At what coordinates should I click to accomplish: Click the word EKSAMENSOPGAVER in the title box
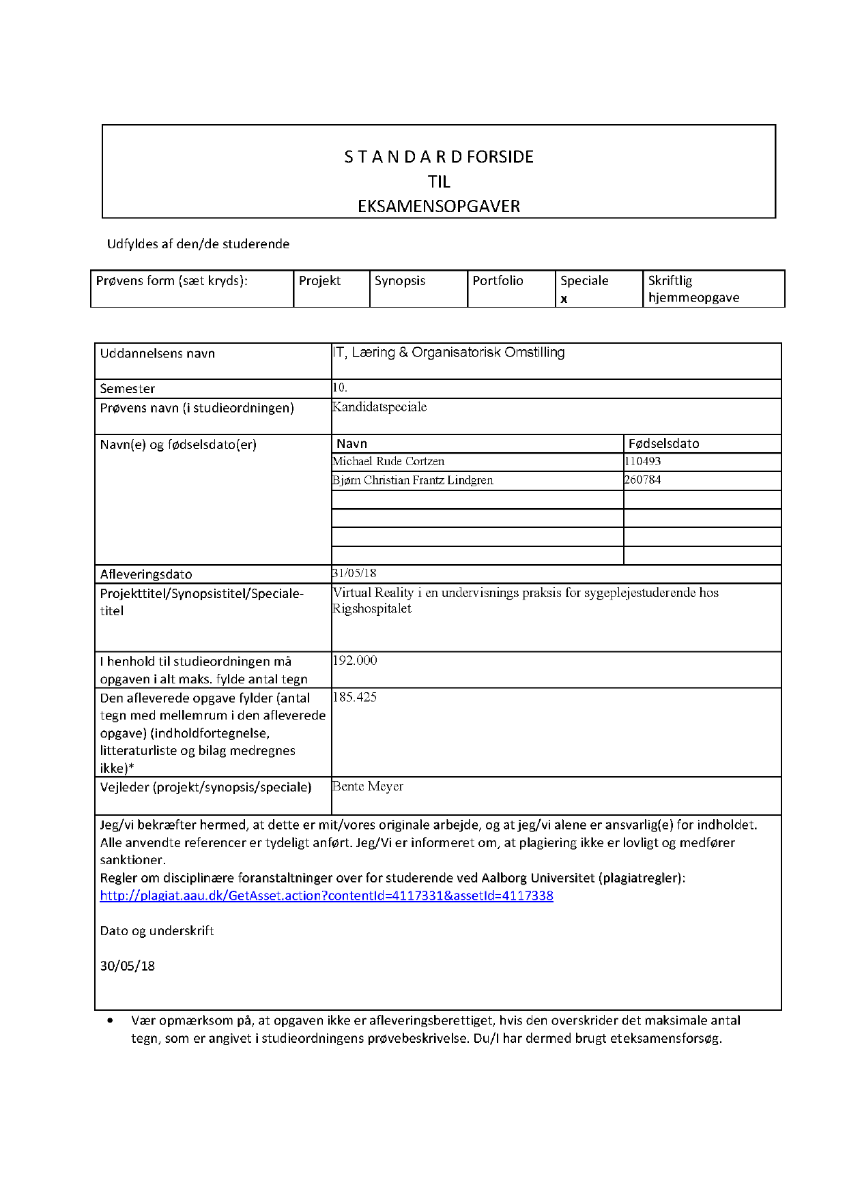(439, 207)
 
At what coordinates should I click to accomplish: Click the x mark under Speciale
(564, 299)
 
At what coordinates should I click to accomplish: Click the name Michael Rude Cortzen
(388, 462)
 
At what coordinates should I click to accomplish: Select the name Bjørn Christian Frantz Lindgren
(413, 480)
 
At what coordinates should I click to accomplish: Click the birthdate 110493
(643, 462)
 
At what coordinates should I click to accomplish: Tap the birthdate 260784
(643, 480)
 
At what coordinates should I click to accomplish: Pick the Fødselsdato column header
(663, 444)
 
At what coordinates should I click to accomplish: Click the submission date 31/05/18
(354, 574)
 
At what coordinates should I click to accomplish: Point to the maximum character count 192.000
(355, 660)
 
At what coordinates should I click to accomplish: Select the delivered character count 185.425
(355, 697)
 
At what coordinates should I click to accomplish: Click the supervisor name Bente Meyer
(368, 786)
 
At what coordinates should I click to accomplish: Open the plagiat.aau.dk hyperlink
(326, 896)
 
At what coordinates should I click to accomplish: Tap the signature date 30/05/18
(128, 966)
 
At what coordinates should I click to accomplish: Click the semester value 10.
(340, 387)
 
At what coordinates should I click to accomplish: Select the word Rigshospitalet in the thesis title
(372, 609)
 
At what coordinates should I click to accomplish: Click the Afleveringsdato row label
(146, 574)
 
